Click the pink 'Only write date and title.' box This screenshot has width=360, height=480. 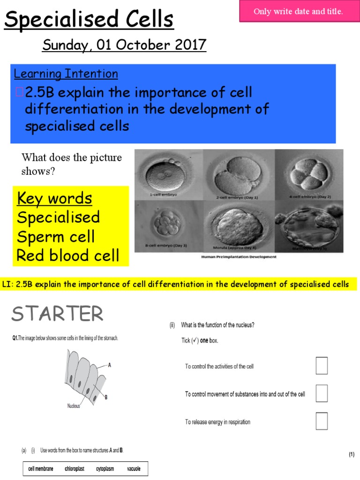tap(298, 11)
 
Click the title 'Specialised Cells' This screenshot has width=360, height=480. tap(89, 20)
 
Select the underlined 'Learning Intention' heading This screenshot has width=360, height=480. tap(66, 74)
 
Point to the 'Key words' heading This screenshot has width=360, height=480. tap(54, 198)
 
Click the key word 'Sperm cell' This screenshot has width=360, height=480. tap(56, 237)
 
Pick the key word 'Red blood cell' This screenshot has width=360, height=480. tap(67, 256)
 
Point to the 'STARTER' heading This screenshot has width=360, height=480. tap(57, 314)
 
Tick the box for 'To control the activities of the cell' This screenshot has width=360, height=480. tap(322, 366)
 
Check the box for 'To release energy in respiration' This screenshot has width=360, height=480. tap(322, 421)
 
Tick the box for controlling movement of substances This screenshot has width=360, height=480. tap(322, 393)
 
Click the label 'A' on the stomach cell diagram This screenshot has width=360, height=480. tap(109, 364)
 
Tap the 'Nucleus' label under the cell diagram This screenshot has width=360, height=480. tap(73, 406)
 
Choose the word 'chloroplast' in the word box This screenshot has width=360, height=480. tap(74, 469)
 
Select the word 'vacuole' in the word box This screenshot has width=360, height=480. tap(133, 469)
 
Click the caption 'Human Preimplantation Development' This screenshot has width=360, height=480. tap(239, 257)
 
